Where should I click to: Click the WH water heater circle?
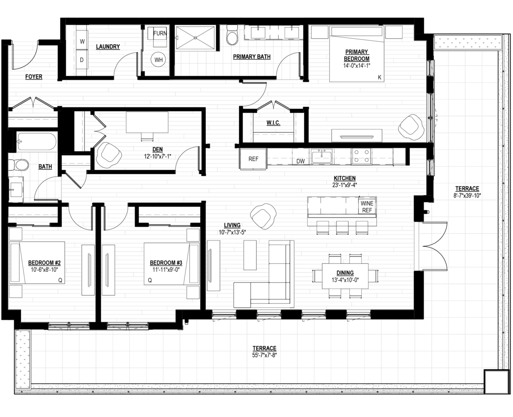(158, 60)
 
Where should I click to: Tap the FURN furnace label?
(160, 33)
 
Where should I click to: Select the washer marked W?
(82, 41)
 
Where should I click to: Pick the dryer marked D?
(82, 60)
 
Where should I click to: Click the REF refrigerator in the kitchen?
(253, 159)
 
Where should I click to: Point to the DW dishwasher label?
(301, 161)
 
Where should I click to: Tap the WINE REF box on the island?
(367, 207)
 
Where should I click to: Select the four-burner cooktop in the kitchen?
(361, 156)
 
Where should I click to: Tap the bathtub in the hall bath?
(37, 142)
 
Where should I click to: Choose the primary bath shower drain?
(195, 38)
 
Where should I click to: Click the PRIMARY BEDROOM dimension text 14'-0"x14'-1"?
(356, 66)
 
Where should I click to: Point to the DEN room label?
(157, 149)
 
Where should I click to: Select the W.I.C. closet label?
(273, 123)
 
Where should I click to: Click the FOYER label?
(34, 76)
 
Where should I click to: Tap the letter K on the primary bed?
(380, 77)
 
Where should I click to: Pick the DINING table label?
(345, 273)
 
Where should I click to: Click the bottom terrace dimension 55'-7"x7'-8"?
(265, 355)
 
